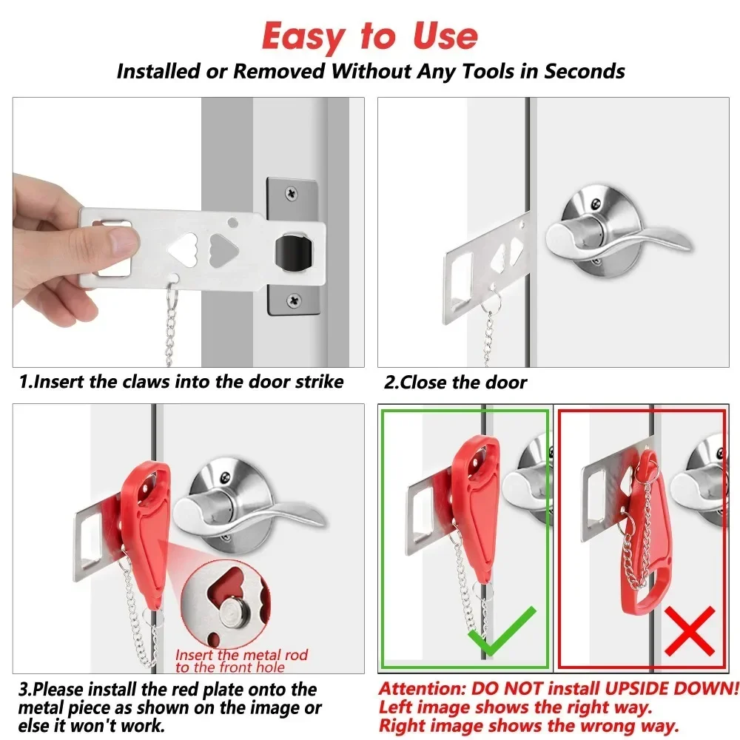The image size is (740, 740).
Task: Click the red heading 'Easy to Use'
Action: pos(370,36)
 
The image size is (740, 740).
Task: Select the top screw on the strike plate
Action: pos(294,192)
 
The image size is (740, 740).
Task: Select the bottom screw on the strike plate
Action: pos(294,300)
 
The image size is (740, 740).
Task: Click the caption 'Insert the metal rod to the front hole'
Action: pos(241,661)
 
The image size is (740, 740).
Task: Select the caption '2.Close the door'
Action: pos(455,383)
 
